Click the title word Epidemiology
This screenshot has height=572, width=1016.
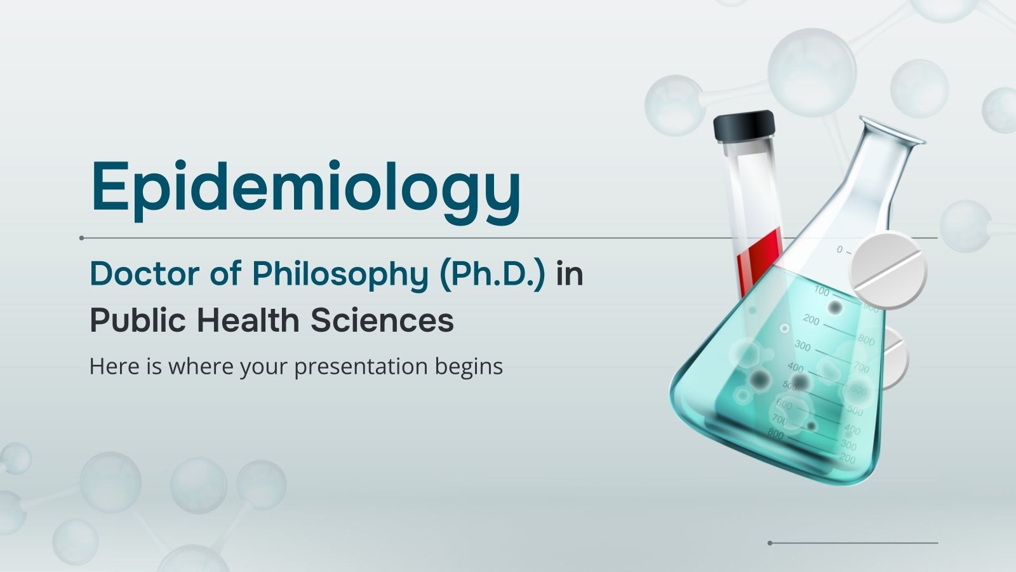[x=305, y=188]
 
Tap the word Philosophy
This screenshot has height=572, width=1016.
[x=340, y=274]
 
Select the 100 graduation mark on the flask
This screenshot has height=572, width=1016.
[x=821, y=292]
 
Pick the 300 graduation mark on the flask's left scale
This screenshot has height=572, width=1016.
[x=803, y=346]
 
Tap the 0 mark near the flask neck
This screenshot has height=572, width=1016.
[x=839, y=250]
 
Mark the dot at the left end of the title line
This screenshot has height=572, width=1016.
[x=82, y=238]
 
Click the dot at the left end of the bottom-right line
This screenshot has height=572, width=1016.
[x=770, y=543]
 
